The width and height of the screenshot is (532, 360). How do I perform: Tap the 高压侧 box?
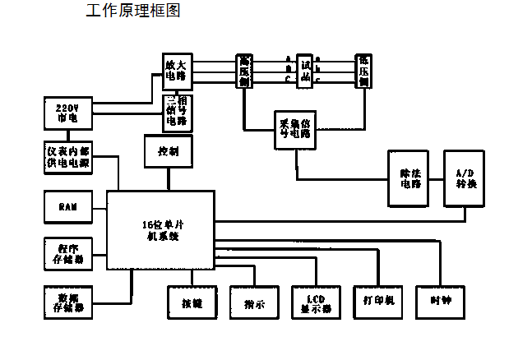pos(246,71)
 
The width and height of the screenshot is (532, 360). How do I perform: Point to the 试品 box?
pos(305,69)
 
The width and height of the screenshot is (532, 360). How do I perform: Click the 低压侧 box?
pos(363,71)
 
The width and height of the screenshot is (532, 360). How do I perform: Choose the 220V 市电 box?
pos(67,113)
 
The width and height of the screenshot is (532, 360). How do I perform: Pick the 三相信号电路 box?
pos(177,113)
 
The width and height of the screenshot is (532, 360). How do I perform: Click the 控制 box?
pos(169,151)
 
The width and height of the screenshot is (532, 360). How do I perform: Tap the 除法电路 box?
pos(409,178)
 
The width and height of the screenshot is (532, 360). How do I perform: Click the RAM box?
pos(67,207)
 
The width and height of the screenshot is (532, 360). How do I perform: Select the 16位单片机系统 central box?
pos(160,230)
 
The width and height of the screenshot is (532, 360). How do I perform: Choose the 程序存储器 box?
pos(67,254)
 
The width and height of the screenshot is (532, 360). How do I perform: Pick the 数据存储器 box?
pos(67,302)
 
